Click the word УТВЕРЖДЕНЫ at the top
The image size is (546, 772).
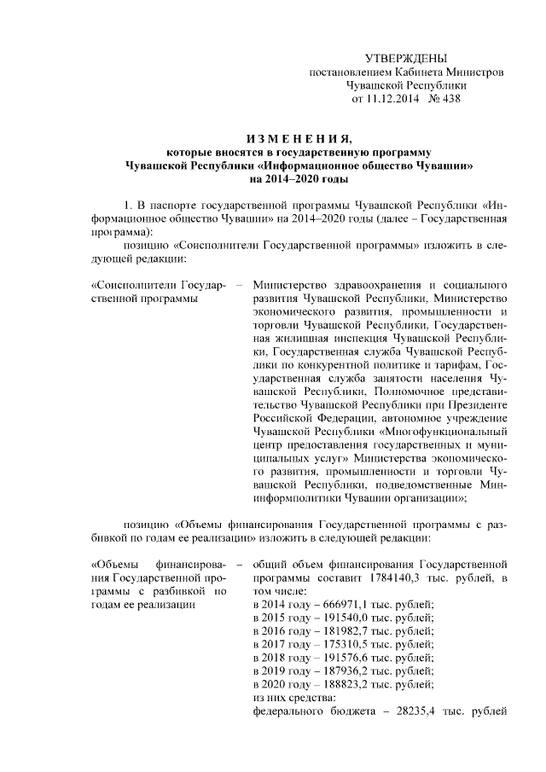click(405, 58)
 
